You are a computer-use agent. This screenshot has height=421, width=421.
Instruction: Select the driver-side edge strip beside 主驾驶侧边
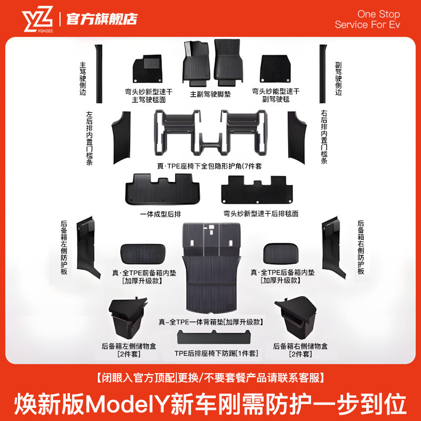pyautogui.click(x=97, y=73)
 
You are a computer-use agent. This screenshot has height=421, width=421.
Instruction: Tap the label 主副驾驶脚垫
pyautogui.click(x=210, y=95)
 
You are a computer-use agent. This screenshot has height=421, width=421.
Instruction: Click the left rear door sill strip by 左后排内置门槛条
pyautogui.click(x=120, y=135)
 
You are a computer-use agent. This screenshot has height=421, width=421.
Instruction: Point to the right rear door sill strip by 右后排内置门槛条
pyautogui.click(x=300, y=135)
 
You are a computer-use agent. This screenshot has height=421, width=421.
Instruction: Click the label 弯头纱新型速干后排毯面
pyautogui.click(x=261, y=214)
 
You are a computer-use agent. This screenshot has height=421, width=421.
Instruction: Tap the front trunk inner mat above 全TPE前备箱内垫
pyautogui.click(x=144, y=255)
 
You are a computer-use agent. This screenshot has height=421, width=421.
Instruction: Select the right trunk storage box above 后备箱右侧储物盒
pyautogui.click(x=296, y=319)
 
